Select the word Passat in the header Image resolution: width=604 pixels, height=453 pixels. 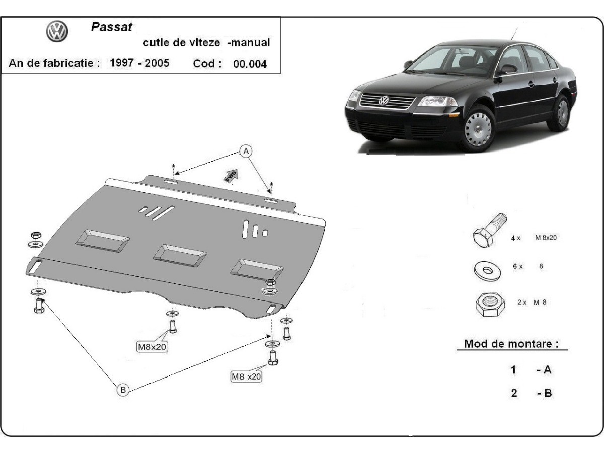pos(111,27)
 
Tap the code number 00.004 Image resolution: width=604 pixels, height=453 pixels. pos(250,64)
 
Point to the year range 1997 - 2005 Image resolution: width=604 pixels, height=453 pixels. pos(139,63)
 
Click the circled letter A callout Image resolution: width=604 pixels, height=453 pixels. pos(246,150)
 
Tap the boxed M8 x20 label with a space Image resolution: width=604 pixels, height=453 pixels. pos(247,375)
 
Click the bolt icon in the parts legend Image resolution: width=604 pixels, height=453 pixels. pos(488,231)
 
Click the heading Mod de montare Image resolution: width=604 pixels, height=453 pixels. pos(511,344)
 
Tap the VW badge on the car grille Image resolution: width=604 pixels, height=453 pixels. pos(384,100)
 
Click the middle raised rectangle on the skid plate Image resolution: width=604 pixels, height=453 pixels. pos(180,253)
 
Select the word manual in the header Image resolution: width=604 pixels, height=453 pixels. pos(249,43)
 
